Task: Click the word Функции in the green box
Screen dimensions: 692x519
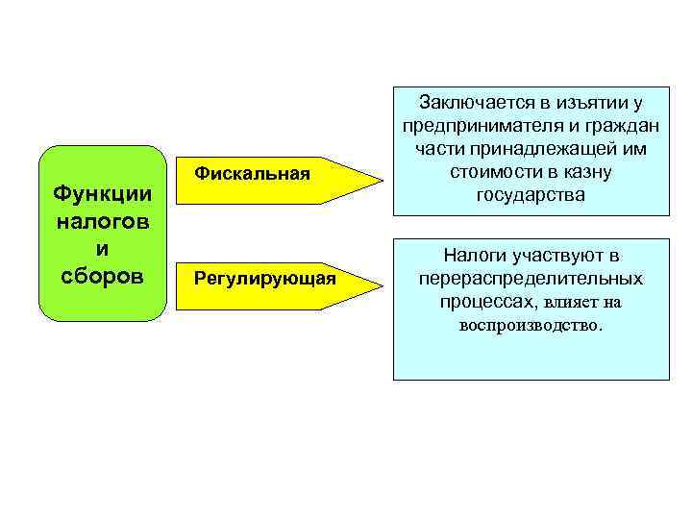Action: click(102, 194)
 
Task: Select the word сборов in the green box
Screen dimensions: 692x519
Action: click(102, 276)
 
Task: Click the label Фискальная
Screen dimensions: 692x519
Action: click(253, 173)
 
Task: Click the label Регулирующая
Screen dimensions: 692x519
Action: click(265, 279)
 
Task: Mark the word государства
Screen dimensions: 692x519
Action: click(531, 195)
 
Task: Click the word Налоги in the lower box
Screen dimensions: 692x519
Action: click(474, 256)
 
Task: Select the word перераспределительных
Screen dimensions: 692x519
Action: click(531, 279)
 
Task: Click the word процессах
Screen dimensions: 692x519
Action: click(488, 303)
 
